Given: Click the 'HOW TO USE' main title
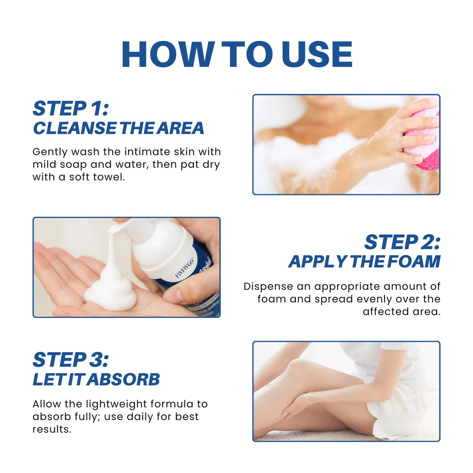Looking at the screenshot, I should tap(237, 55).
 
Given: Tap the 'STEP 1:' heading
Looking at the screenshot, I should tap(71, 109).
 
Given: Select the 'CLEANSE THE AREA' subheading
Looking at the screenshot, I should tap(118, 128).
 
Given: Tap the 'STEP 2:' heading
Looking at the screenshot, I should tap(402, 242).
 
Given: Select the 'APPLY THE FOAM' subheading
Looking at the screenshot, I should tap(364, 261).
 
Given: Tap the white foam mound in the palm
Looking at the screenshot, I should tap(111, 293).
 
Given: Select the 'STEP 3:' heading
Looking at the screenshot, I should tap(71, 360).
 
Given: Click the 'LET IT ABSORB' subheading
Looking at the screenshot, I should tap(96, 379).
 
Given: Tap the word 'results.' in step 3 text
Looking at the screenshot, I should tap(52, 429).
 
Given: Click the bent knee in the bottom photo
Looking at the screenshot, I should tap(298, 368).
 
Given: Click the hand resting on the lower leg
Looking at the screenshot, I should tap(296, 405).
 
